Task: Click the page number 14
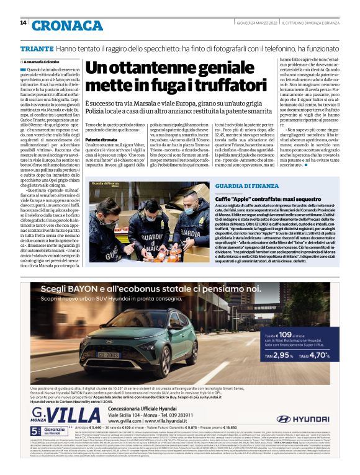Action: tap(23, 23)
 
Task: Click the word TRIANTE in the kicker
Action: tap(37, 48)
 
